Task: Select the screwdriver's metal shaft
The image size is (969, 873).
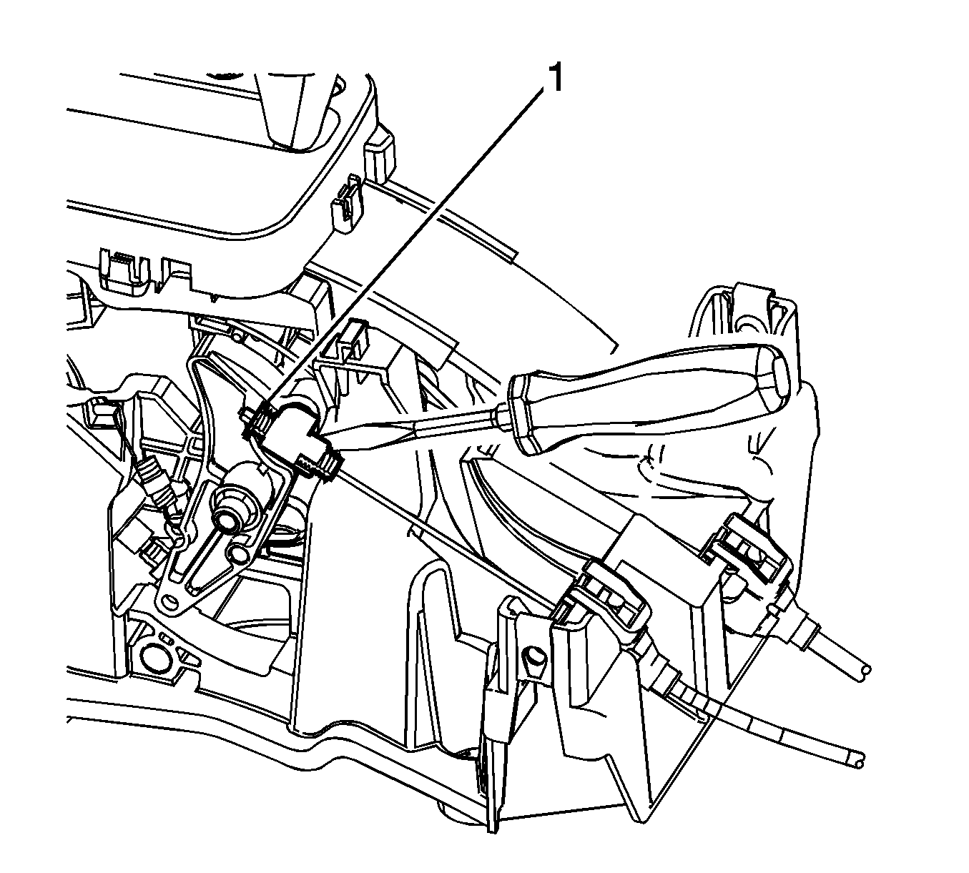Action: (410, 423)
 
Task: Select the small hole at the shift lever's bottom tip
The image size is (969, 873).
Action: (169, 602)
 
